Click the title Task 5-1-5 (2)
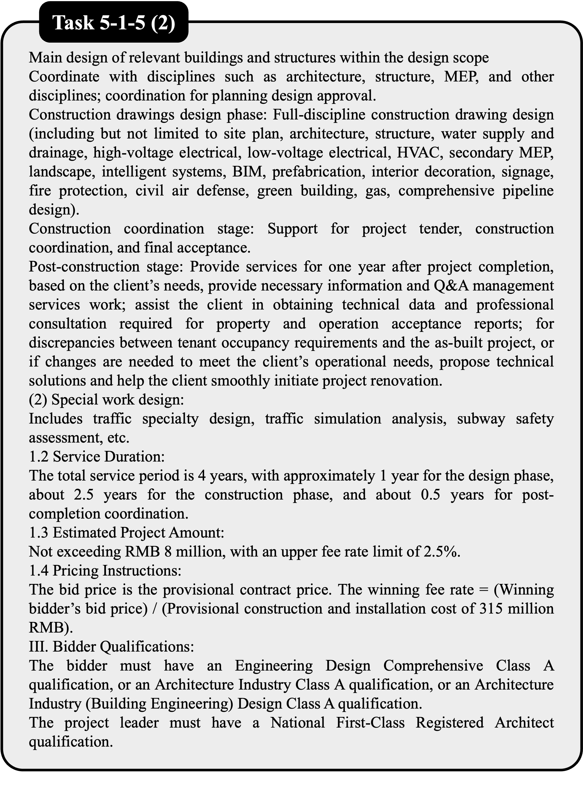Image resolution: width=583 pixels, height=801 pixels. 113,24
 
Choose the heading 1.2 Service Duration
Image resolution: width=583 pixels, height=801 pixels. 97,457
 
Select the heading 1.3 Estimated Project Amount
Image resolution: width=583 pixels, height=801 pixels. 126,533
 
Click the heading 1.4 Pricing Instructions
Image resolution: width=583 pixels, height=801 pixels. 105,571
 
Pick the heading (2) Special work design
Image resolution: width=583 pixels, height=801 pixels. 106,399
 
